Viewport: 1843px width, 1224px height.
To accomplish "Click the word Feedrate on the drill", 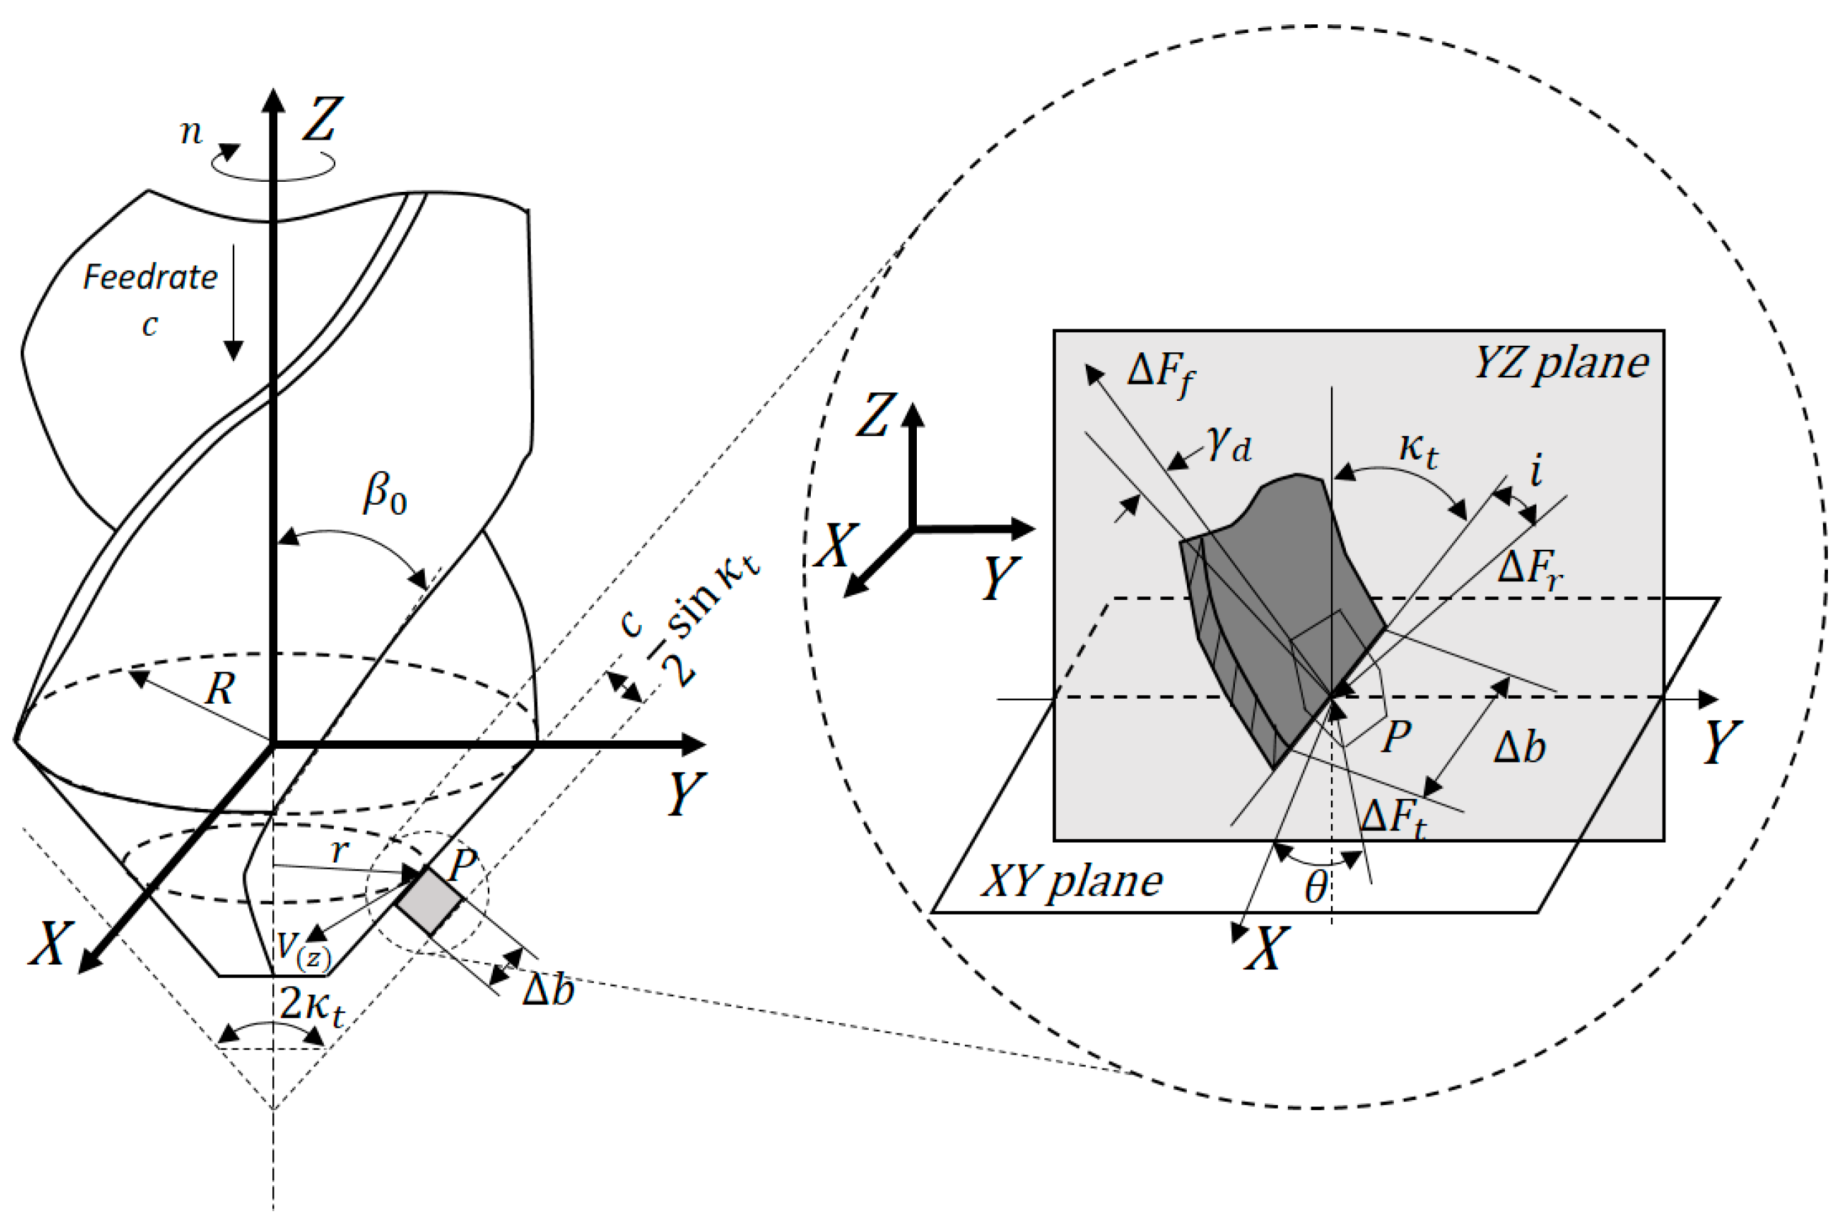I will pyautogui.click(x=150, y=277).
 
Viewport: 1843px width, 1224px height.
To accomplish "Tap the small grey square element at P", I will pyautogui.click(x=430, y=900).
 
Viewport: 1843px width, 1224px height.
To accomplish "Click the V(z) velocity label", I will pyautogui.click(x=304, y=949).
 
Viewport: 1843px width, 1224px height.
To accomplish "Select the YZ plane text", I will pyautogui.click(x=1560, y=364).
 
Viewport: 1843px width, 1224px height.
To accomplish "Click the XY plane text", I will pyautogui.click(x=1072, y=881).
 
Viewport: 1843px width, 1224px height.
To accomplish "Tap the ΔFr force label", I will pyautogui.click(x=1530, y=568).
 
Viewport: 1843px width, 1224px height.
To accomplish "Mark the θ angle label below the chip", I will pyautogui.click(x=1317, y=887).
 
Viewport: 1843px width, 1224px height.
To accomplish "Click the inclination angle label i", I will pyautogui.click(x=1536, y=471).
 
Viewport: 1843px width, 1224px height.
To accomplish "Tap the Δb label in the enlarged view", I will pyautogui.click(x=1519, y=748).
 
